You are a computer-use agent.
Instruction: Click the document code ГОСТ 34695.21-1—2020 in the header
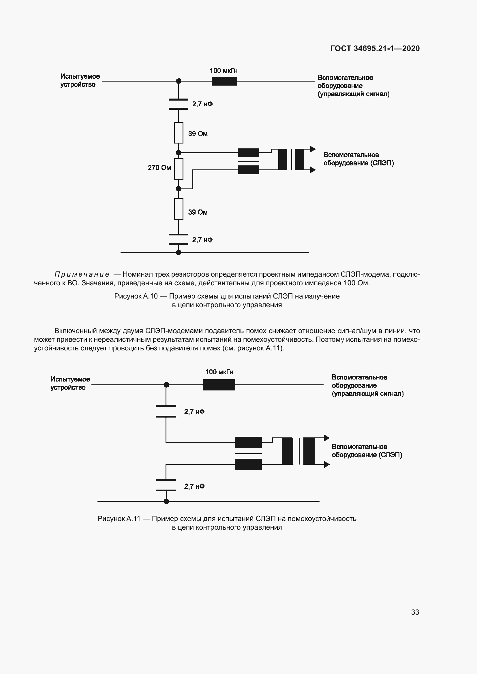tap(375, 48)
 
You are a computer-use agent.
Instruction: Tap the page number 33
tap(415, 612)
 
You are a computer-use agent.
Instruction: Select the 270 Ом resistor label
tap(159, 168)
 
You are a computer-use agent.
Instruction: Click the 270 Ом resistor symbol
tap(179, 169)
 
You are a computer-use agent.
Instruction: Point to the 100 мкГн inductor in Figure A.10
tap(224, 81)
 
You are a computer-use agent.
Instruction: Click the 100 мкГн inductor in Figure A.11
tap(219, 385)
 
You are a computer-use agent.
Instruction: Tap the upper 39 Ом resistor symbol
tap(179, 133)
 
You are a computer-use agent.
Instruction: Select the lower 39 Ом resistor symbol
tap(179, 209)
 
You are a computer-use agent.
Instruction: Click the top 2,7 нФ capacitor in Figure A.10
tap(179, 104)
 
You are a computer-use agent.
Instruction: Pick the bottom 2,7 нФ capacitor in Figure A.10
tap(179, 239)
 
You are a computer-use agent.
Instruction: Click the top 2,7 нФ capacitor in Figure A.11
tap(166, 411)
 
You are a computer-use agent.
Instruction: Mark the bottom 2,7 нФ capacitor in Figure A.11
tap(166, 485)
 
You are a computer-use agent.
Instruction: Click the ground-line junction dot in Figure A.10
tap(178, 252)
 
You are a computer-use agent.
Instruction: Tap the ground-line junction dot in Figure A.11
tap(166, 501)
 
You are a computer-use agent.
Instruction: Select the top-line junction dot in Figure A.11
tap(166, 385)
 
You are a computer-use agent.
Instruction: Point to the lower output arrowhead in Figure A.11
tap(327, 465)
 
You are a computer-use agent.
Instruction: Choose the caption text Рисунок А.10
tap(136, 296)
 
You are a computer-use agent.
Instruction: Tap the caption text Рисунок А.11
tap(119, 519)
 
